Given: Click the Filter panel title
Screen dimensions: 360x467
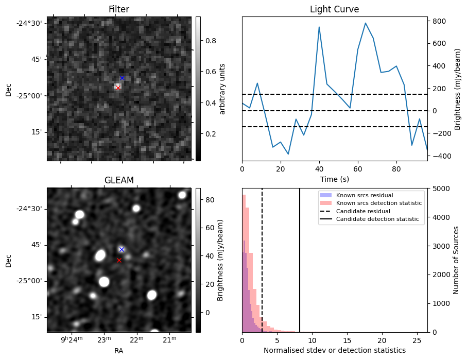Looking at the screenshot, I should pos(118,9).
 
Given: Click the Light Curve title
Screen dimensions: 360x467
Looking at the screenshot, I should pos(334,9).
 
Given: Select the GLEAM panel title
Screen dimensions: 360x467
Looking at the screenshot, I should pos(118,180).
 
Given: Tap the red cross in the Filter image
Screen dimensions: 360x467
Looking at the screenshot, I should pos(118,88).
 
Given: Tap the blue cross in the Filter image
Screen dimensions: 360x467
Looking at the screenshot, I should pos(122,78).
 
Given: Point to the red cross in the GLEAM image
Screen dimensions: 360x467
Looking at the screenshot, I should pos(119,260).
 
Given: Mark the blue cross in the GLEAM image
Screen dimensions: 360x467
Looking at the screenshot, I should pos(122,249).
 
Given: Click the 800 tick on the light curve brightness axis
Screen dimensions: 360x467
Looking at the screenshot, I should pos(438,21).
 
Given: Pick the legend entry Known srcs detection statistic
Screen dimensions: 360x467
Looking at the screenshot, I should pos(378,203).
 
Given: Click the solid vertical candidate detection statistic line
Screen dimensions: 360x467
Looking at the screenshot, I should pos(300,268).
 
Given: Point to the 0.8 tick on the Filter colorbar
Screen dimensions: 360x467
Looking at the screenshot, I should pos(211,41).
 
